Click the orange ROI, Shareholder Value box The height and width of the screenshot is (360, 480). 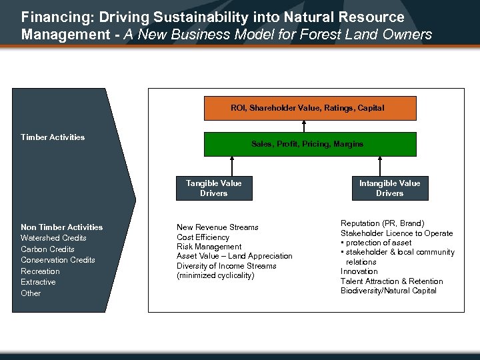[x=309, y=108]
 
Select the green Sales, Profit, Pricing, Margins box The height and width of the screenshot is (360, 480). [x=309, y=144]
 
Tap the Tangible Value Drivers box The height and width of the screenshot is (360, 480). [x=214, y=188]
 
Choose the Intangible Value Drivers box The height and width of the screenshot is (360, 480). [x=389, y=188]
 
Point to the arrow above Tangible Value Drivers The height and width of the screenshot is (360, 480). [x=233, y=166]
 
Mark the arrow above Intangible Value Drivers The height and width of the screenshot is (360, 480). [x=381, y=166]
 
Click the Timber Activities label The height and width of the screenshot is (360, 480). [x=53, y=137]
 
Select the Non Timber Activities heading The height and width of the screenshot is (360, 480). [x=61, y=227]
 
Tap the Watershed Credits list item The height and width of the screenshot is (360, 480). [x=53, y=238]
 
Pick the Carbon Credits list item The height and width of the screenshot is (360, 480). [x=47, y=249]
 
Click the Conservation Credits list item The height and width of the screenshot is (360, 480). [x=57, y=260]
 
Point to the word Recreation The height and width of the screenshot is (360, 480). [x=40, y=271]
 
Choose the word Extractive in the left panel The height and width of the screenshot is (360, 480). [x=38, y=282]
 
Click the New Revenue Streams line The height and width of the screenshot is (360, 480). [x=217, y=227]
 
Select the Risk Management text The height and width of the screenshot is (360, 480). [x=209, y=247]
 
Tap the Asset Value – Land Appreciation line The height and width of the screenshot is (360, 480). [x=234, y=256]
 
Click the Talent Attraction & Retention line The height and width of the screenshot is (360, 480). [x=391, y=281]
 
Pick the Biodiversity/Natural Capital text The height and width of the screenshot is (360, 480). [x=388, y=291]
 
